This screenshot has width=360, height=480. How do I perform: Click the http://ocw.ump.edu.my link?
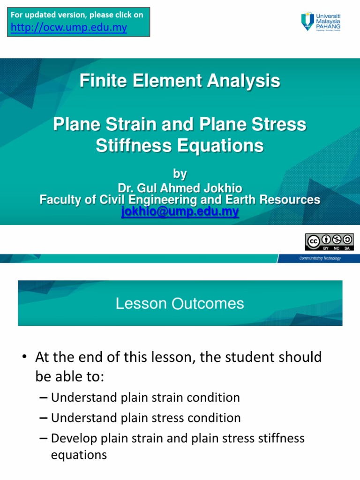tap(68, 28)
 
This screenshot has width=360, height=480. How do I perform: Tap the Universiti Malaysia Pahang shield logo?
tap(307, 22)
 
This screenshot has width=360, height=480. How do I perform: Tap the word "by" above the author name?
tap(180, 174)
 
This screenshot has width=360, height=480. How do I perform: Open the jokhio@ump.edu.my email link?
tap(180, 212)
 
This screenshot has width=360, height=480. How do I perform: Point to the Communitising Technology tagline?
tap(320, 258)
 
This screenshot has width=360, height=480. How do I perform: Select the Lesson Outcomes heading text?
tap(180, 304)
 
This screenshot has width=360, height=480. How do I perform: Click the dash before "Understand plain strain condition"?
tap(44, 398)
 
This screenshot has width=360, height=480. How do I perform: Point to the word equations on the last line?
tap(79, 455)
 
